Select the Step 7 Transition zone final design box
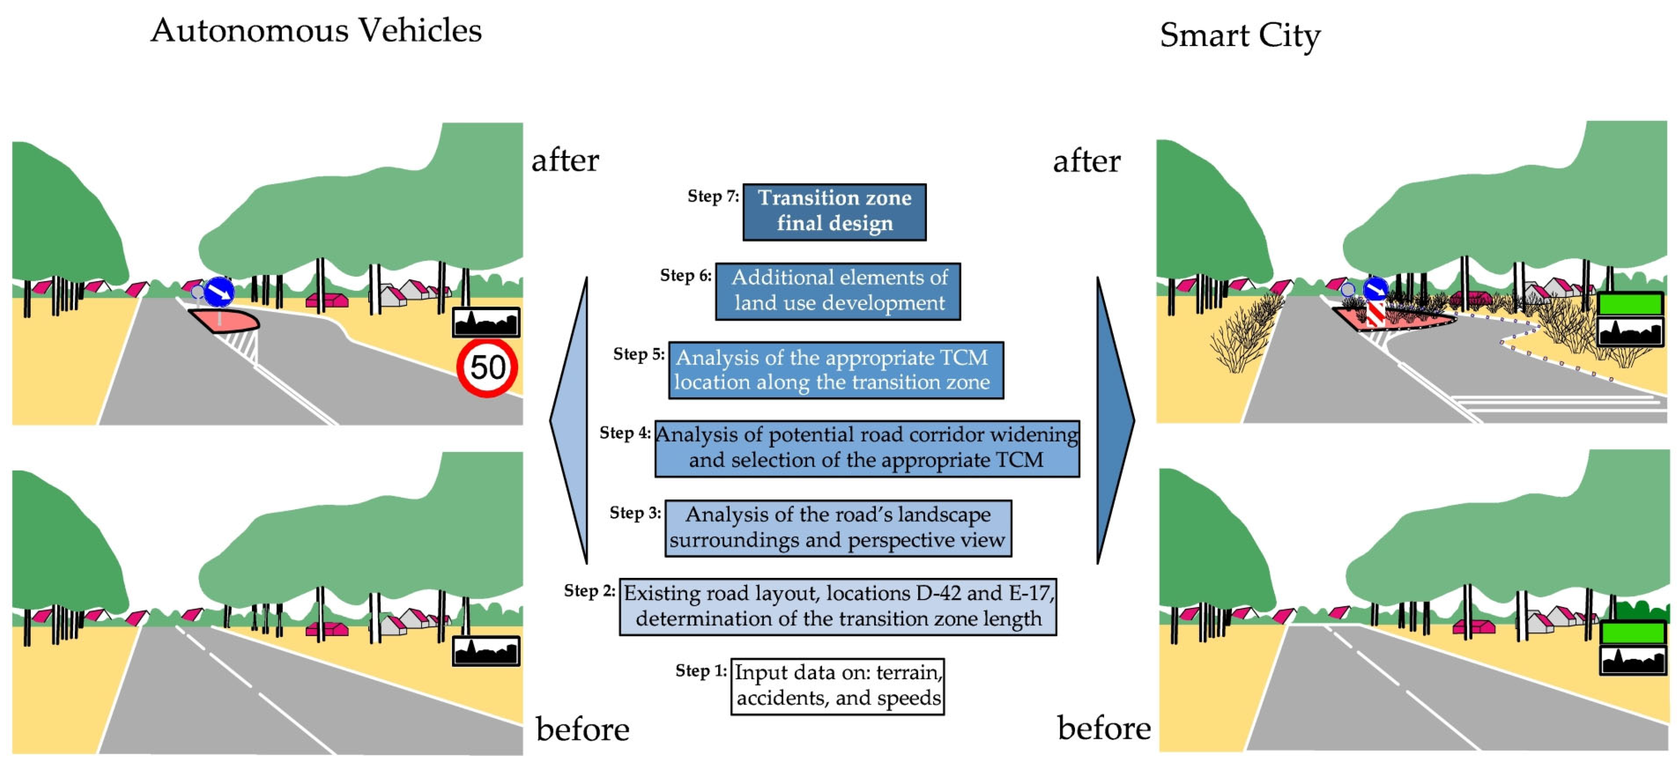pos(834,212)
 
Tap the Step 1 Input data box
pos(837,686)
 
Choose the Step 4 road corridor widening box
pos(867,448)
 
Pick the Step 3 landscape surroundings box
pos(838,527)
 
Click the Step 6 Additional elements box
pos(838,291)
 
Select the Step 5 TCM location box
pos(835,370)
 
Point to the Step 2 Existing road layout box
pos(838,606)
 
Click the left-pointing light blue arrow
pos(571,421)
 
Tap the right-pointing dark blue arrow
pos(1114,421)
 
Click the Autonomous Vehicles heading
pos(316,31)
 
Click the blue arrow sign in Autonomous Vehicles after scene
pos(219,292)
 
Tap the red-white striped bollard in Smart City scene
pos(1375,313)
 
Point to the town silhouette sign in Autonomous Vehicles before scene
pos(486,651)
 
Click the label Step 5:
pos(638,354)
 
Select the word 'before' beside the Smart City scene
pos(1104,728)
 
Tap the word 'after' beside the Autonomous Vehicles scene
pos(565,160)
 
